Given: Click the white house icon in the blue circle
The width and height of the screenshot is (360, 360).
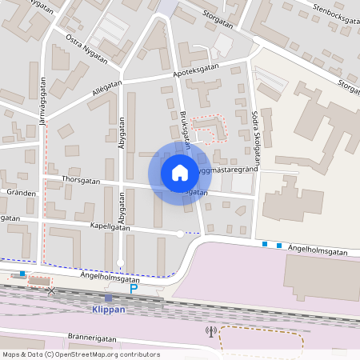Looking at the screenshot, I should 179,173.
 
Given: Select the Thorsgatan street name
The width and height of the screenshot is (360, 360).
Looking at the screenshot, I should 79,181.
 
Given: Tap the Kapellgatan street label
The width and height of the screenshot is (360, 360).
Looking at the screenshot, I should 110,227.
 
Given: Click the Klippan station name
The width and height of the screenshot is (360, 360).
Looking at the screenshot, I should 109,308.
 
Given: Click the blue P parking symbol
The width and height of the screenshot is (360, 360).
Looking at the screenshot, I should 134,289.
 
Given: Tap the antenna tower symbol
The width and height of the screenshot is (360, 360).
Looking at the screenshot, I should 211,330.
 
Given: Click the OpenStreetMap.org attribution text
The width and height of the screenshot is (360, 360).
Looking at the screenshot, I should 104,354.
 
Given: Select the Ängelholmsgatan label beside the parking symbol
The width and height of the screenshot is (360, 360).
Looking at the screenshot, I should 110,279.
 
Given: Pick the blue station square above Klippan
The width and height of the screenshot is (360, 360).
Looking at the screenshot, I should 109,298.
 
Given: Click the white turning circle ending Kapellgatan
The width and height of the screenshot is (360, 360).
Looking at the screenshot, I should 180,234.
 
